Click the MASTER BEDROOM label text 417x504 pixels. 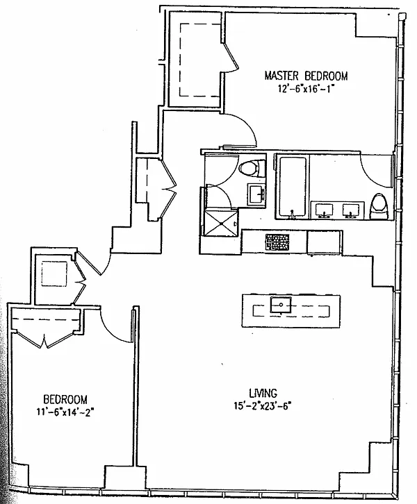[x=305, y=76]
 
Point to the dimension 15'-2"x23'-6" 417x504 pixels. [x=261, y=406]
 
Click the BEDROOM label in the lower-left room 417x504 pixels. [x=65, y=399]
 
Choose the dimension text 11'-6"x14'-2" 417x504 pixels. [x=65, y=412]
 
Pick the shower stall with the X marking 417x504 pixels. [x=222, y=221]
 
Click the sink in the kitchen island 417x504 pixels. [x=281, y=304]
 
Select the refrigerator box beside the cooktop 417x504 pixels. [x=324, y=241]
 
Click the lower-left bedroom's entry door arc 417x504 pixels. [x=115, y=324]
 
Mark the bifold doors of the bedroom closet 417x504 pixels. [x=44, y=339]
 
